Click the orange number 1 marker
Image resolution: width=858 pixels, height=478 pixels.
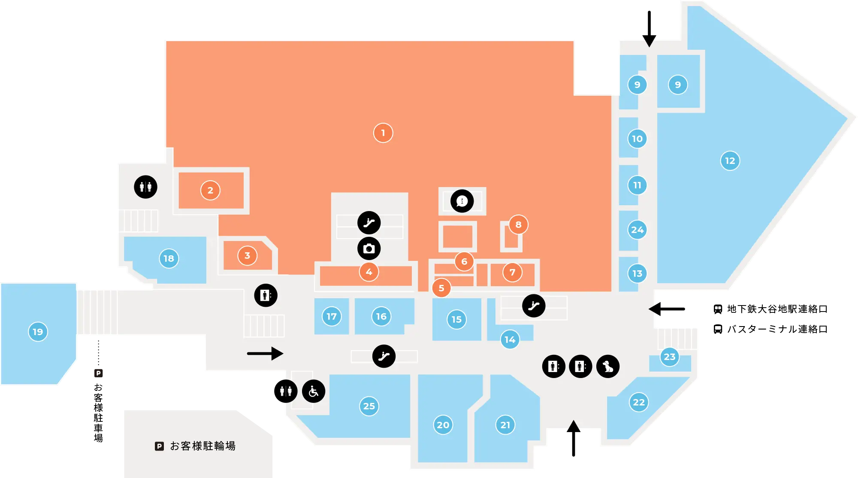[x=383, y=133]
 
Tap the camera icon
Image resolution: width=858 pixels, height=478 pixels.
[x=369, y=248]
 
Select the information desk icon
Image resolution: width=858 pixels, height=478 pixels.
[x=462, y=201]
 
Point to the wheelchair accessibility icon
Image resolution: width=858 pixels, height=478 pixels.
[x=314, y=391]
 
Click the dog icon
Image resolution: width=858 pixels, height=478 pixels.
[x=608, y=366]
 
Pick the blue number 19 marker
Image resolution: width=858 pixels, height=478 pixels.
[x=38, y=332]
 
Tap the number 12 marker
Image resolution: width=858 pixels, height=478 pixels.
[x=730, y=161]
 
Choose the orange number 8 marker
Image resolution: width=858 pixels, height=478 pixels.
[x=518, y=224]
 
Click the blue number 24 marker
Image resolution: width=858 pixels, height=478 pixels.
[x=637, y=230]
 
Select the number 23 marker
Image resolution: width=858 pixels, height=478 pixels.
[x=670, y=357]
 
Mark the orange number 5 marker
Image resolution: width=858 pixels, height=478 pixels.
[x=441, y=288]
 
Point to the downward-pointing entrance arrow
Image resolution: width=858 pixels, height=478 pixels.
[x=649, y=29]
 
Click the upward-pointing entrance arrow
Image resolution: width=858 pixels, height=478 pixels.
[x=574, y=438]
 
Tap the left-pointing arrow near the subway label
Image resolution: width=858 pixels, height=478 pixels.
[x=667, y=309]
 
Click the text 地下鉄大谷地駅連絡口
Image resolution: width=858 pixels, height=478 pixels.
[x=777, y=309]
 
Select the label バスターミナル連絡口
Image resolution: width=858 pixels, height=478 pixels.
[x=777, y=329]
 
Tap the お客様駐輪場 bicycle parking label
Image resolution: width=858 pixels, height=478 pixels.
[x=203, y=446]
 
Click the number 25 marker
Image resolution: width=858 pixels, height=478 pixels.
[x=369, y=406]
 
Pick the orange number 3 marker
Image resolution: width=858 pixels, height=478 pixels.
[x=247, y=256]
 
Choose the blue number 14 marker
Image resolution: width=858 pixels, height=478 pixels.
[x=510, y=340]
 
